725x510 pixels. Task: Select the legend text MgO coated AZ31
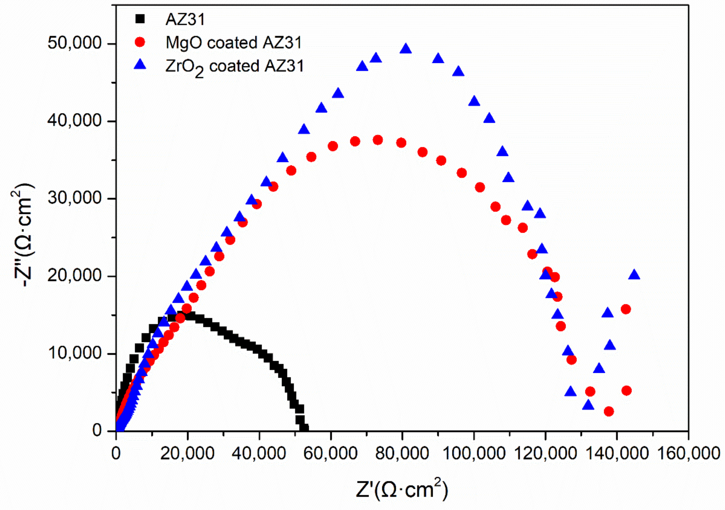click(234, 43)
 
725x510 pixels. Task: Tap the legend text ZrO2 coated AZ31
click(234, 67)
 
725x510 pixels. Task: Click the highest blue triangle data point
click(406, 49)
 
